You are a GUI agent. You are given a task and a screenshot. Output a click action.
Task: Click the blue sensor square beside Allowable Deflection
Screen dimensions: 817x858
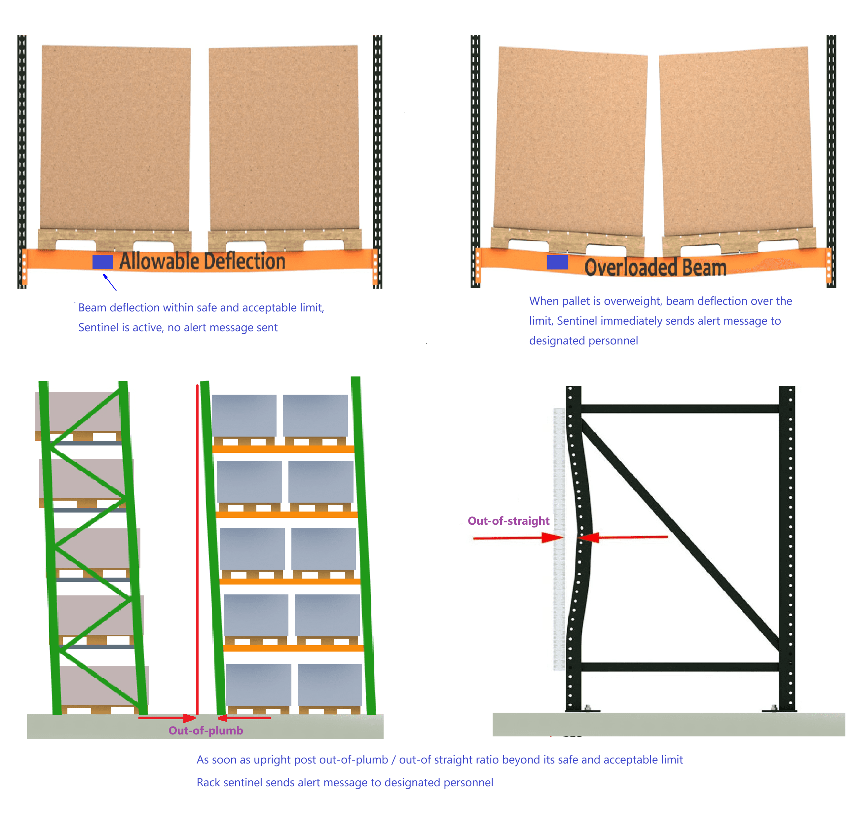coord(103,262)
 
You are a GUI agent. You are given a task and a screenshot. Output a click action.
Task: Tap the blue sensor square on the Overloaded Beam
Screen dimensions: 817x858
coord(557,262)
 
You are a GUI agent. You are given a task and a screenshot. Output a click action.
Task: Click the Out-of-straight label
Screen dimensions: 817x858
coord(508,520)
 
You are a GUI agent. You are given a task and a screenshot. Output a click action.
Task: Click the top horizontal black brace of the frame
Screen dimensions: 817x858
coord(680,409)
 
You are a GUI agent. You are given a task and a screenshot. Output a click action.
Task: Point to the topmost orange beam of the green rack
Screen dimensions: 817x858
coord(283,448)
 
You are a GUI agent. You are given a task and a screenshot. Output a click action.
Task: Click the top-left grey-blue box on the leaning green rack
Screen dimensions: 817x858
coord(244,415)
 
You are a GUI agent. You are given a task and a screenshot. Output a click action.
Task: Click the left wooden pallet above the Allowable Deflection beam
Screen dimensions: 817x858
coord(115,239)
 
